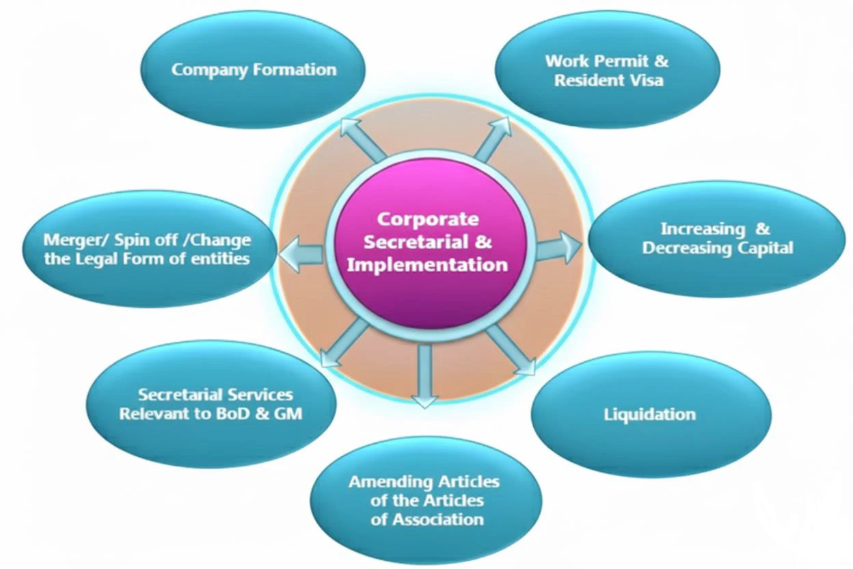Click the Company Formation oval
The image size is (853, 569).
coord(253,70)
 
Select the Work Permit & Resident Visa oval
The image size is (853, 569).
coord(608,70)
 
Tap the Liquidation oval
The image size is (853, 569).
coord(650,414)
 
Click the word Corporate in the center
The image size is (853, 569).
coord(428,219)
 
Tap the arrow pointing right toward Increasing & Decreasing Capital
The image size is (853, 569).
coord(557,247)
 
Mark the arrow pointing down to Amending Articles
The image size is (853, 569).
coord(425,376)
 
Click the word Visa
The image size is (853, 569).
coord(645,80)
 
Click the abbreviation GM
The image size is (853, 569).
coord(287,414)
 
